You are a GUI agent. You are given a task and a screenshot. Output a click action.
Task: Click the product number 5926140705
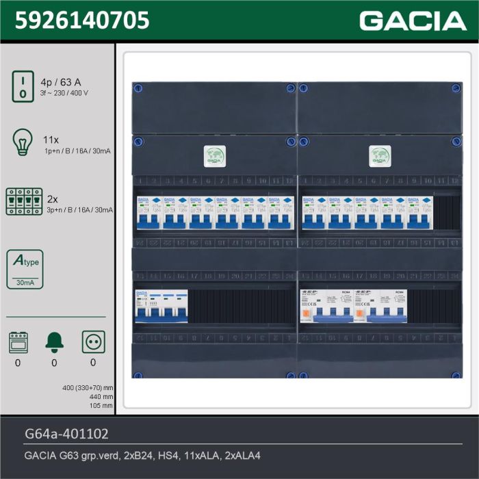(81, 21)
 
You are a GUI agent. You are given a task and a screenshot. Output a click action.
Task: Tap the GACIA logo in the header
(413, 21)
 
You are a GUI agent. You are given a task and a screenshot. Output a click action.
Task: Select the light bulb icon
(23, 142)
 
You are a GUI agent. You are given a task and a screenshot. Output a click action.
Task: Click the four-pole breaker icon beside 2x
(23, 201)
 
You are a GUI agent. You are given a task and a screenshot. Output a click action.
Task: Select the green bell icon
(55, 341)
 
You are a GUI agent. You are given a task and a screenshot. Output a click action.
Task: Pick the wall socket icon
(93, 341)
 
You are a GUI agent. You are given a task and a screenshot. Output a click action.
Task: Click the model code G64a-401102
(66, 434)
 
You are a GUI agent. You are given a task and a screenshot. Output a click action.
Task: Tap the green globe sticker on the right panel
(379, 155)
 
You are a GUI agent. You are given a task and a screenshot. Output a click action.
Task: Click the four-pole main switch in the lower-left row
(161, 307)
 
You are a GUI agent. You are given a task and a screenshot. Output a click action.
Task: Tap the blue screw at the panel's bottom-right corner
(454, 375)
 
